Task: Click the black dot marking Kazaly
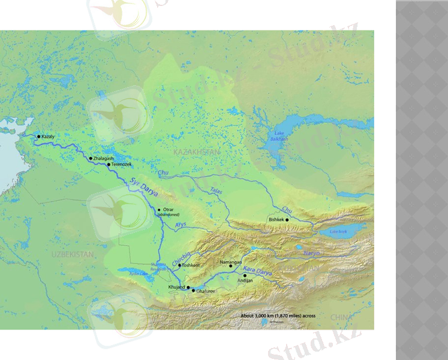(39, 137)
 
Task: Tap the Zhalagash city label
(104, 158)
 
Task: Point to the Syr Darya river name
(137, 187)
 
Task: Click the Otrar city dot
(159, 209)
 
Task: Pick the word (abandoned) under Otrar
(169, 214)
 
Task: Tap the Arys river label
(181, 225)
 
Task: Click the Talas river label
(217, 191)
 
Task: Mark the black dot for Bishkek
(287, 220)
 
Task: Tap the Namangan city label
(231, 262)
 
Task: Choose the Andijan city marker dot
(245, 275)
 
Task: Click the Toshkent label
(191, 265)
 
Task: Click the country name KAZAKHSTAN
(197, 152)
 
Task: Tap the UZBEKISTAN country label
(73, 255)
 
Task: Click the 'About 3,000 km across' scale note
(278, 316)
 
